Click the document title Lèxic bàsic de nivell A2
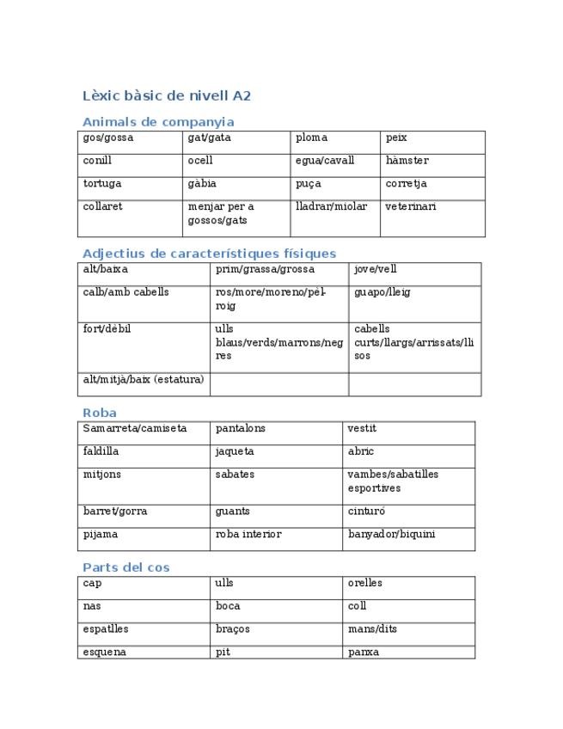click(x=167, y=96)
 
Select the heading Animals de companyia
click(x=158, y=122)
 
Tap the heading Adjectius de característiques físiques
click(x=209, y=254)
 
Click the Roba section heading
click(x=100, y=413)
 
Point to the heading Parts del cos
click(x=126, y=567)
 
